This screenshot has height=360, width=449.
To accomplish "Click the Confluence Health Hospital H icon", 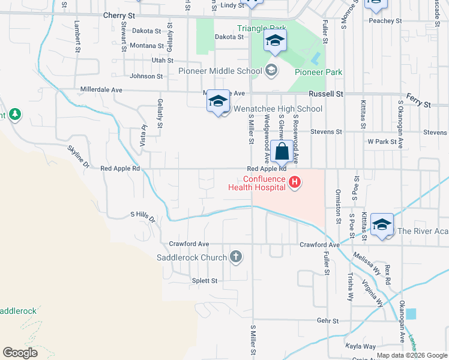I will click(294, 182).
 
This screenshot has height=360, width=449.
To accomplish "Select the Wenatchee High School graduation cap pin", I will click(218, 101).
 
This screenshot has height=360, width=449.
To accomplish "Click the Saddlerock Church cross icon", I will click(236, 257).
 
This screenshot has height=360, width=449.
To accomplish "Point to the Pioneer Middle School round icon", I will click(271, 71).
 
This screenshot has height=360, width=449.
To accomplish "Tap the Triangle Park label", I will click(262, 28).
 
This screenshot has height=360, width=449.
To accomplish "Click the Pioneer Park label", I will click(318, 72).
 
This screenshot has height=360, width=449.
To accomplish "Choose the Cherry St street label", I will click(120, 15).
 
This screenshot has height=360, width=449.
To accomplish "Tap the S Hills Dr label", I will click(143, 216).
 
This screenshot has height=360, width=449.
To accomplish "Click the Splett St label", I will click(205, 281).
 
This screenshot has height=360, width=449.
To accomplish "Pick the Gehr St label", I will click(328, 321).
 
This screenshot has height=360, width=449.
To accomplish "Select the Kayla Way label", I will click(360, 346).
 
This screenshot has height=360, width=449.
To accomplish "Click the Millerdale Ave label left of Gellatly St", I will click(101, 89).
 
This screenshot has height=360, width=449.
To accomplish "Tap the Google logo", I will click(20, 352).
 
